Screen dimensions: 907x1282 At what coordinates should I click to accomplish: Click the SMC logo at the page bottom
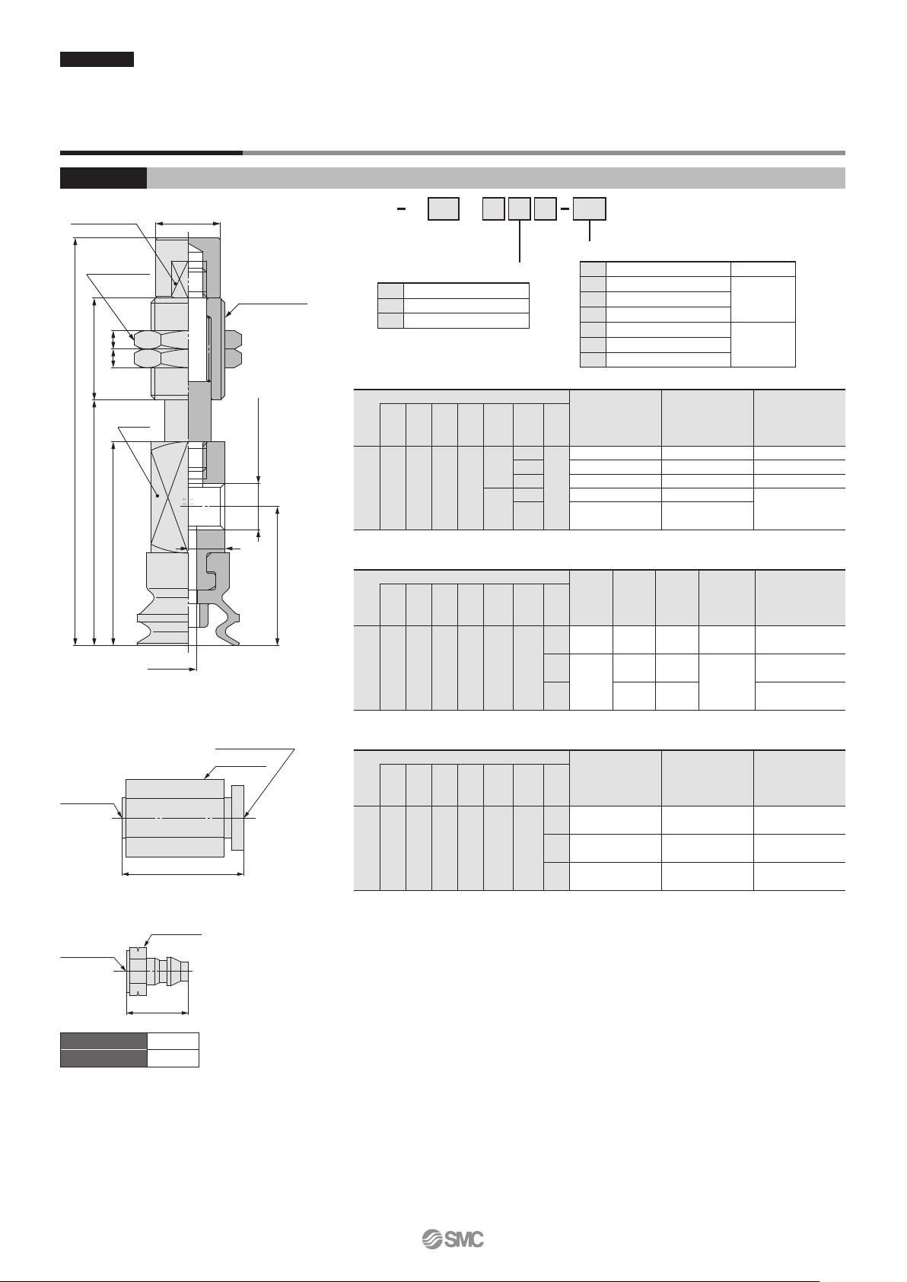[x=453, y=1239]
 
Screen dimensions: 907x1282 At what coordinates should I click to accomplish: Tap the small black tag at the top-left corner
[x=97, y=59]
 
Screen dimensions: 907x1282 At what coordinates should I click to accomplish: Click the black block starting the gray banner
[x=103, y=178]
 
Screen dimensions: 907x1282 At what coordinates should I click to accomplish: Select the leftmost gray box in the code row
[x=444, y=209]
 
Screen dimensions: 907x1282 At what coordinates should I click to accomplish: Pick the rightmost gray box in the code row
[x=590, y=209]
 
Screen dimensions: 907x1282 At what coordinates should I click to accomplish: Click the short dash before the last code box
[x=565, y=209]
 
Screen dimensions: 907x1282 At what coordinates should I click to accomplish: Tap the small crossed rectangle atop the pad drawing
[x=180, y=278]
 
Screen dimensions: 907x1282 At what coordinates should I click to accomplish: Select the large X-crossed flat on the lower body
[x=170, y=496]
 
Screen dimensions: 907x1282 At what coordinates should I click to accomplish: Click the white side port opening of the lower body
[x=206, y=504]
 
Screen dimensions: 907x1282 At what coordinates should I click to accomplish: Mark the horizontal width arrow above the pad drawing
[x=188, y=224]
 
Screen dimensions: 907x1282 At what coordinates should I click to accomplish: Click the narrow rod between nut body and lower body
[x=188, y=420]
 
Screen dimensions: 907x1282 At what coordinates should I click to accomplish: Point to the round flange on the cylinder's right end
[x=237, y=817]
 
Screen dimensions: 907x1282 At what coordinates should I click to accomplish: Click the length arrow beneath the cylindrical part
[x=183, y=874]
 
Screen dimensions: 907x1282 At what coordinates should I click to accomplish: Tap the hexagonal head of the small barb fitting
[x=137, y=972]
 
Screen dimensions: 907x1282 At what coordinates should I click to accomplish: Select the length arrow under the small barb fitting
[x=157, y=1013]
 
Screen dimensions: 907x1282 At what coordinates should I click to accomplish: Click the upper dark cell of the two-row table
[x=103, y=1041]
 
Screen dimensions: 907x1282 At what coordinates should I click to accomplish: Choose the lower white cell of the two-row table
[x=173, y=1058]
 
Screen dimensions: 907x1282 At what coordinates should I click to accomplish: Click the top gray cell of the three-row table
[x=391, y=290]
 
